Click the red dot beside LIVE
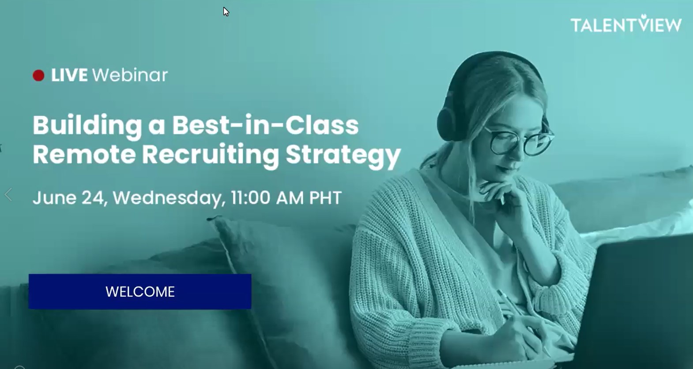38,75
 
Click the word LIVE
69,75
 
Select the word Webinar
130,75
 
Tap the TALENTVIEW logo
626,24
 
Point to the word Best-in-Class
265,125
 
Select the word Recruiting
211,156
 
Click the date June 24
70,198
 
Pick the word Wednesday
169,198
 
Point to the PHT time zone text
325,198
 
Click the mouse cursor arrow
226,12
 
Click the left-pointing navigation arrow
8,195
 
